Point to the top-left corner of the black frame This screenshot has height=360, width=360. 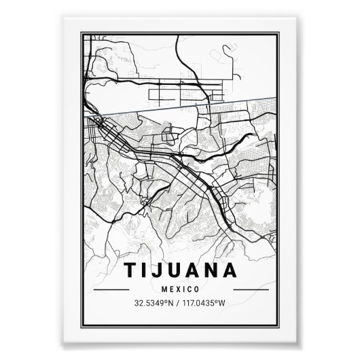click(80, 31)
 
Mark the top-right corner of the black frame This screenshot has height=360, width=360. click(280, 31)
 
